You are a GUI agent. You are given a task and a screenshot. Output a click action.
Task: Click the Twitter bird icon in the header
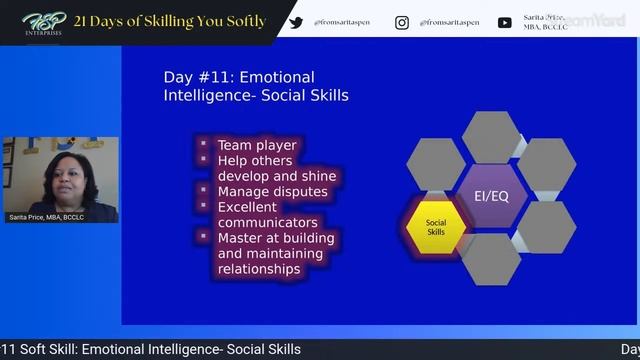(x=296, y=22)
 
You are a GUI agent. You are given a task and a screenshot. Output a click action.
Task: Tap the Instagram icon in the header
(x=402, y=22)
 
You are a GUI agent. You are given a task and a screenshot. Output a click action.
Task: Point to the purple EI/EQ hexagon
(x=491, y=195)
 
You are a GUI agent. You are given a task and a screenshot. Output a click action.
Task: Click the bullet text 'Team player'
(x=257, y=145)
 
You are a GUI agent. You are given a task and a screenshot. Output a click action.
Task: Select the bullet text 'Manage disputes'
(x=277, y=191)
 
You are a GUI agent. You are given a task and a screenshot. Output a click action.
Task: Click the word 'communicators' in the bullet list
(x=268, y=222)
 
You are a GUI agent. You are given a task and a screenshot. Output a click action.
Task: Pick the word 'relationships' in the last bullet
(x=259, y=268)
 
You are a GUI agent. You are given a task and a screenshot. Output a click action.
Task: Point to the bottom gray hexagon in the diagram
(x=491, y=258)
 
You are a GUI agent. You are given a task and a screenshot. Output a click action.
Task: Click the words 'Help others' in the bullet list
(x=255, y=160)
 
